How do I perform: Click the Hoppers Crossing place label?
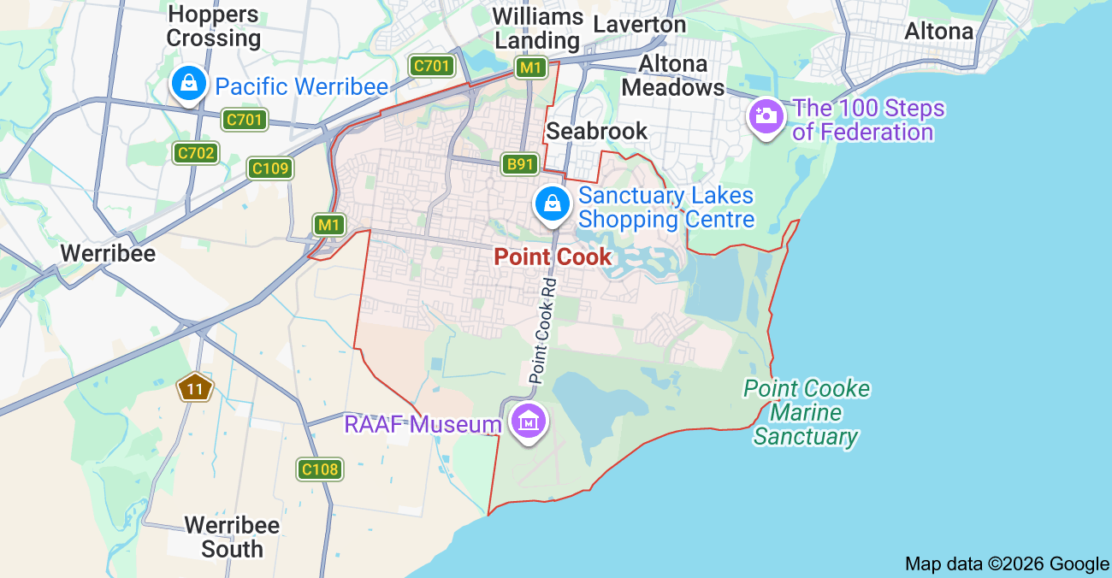(x=214, y=27)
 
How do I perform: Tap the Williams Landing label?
(x=538, y=28)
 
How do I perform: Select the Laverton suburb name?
(x=640, y=24)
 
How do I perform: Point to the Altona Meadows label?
(x=673, y=75)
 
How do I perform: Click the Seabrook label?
(x=597, y=131)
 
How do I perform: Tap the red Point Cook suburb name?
(x=553, y=257)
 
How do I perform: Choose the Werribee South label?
(x=232, y=536)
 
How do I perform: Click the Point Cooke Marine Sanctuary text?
(x=806, y=413)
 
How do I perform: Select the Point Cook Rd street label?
(x=542, y=329)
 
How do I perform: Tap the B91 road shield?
(x=519, y=164)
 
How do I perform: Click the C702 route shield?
(x=196, y=153)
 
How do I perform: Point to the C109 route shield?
(x=270, y=168)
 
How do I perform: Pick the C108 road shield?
(x=320, y=469)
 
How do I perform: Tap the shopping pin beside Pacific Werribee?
(x=186, y=84)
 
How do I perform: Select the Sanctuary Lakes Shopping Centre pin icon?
(x=553, y=204)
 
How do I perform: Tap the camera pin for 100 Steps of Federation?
(x=765, y=116)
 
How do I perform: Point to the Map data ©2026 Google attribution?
(x=1007, y=563)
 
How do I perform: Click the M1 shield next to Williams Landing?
(x=530, y=68)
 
